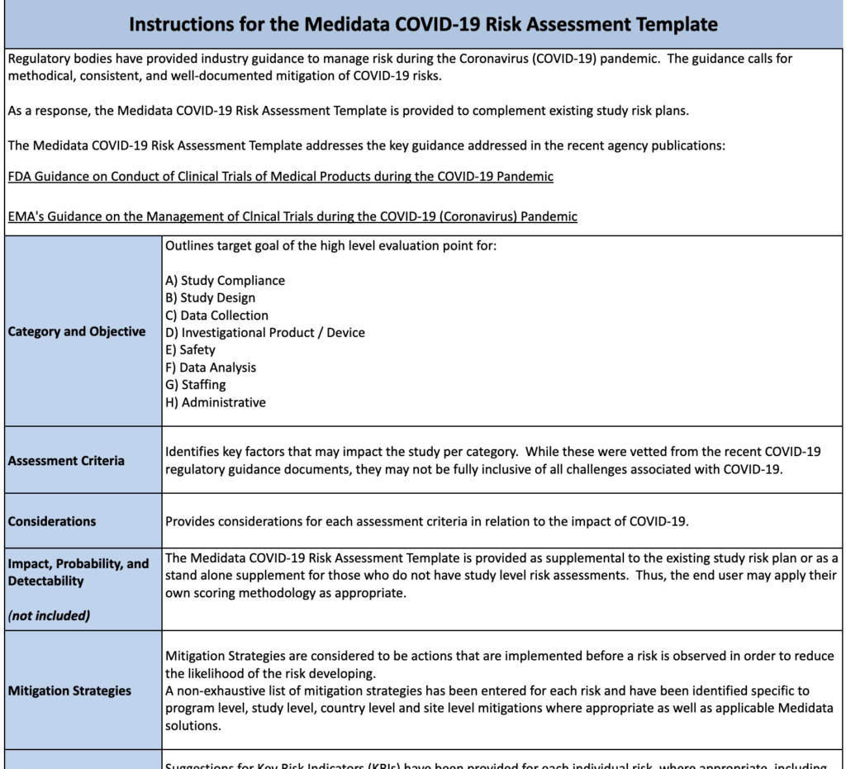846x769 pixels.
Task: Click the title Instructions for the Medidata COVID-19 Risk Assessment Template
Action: [423, 24]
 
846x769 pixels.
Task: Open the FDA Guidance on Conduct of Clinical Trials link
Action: [280, 176]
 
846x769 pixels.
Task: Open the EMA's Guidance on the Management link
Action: [292, 216]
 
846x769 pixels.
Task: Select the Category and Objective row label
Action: [77, 331]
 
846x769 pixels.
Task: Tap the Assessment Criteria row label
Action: [66, 460]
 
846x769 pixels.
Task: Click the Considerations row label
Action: [52, 521]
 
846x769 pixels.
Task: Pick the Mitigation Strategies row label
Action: [69, 691]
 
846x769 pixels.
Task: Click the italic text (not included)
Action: [49, 615]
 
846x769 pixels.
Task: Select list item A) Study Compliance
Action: [225, 280]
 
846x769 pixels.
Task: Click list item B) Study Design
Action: [210, 297]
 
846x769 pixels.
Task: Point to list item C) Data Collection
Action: [216, 315]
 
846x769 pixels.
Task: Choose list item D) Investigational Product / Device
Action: [264, 332]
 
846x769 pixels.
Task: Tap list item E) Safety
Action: [190, 349]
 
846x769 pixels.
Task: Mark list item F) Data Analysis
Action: [211, 367]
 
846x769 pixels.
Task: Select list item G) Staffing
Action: [195, 384]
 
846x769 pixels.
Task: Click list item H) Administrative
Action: [215, 402]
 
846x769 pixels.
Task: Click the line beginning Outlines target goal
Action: [330, 245]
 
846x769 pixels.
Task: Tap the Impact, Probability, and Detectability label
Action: [78, 572]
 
